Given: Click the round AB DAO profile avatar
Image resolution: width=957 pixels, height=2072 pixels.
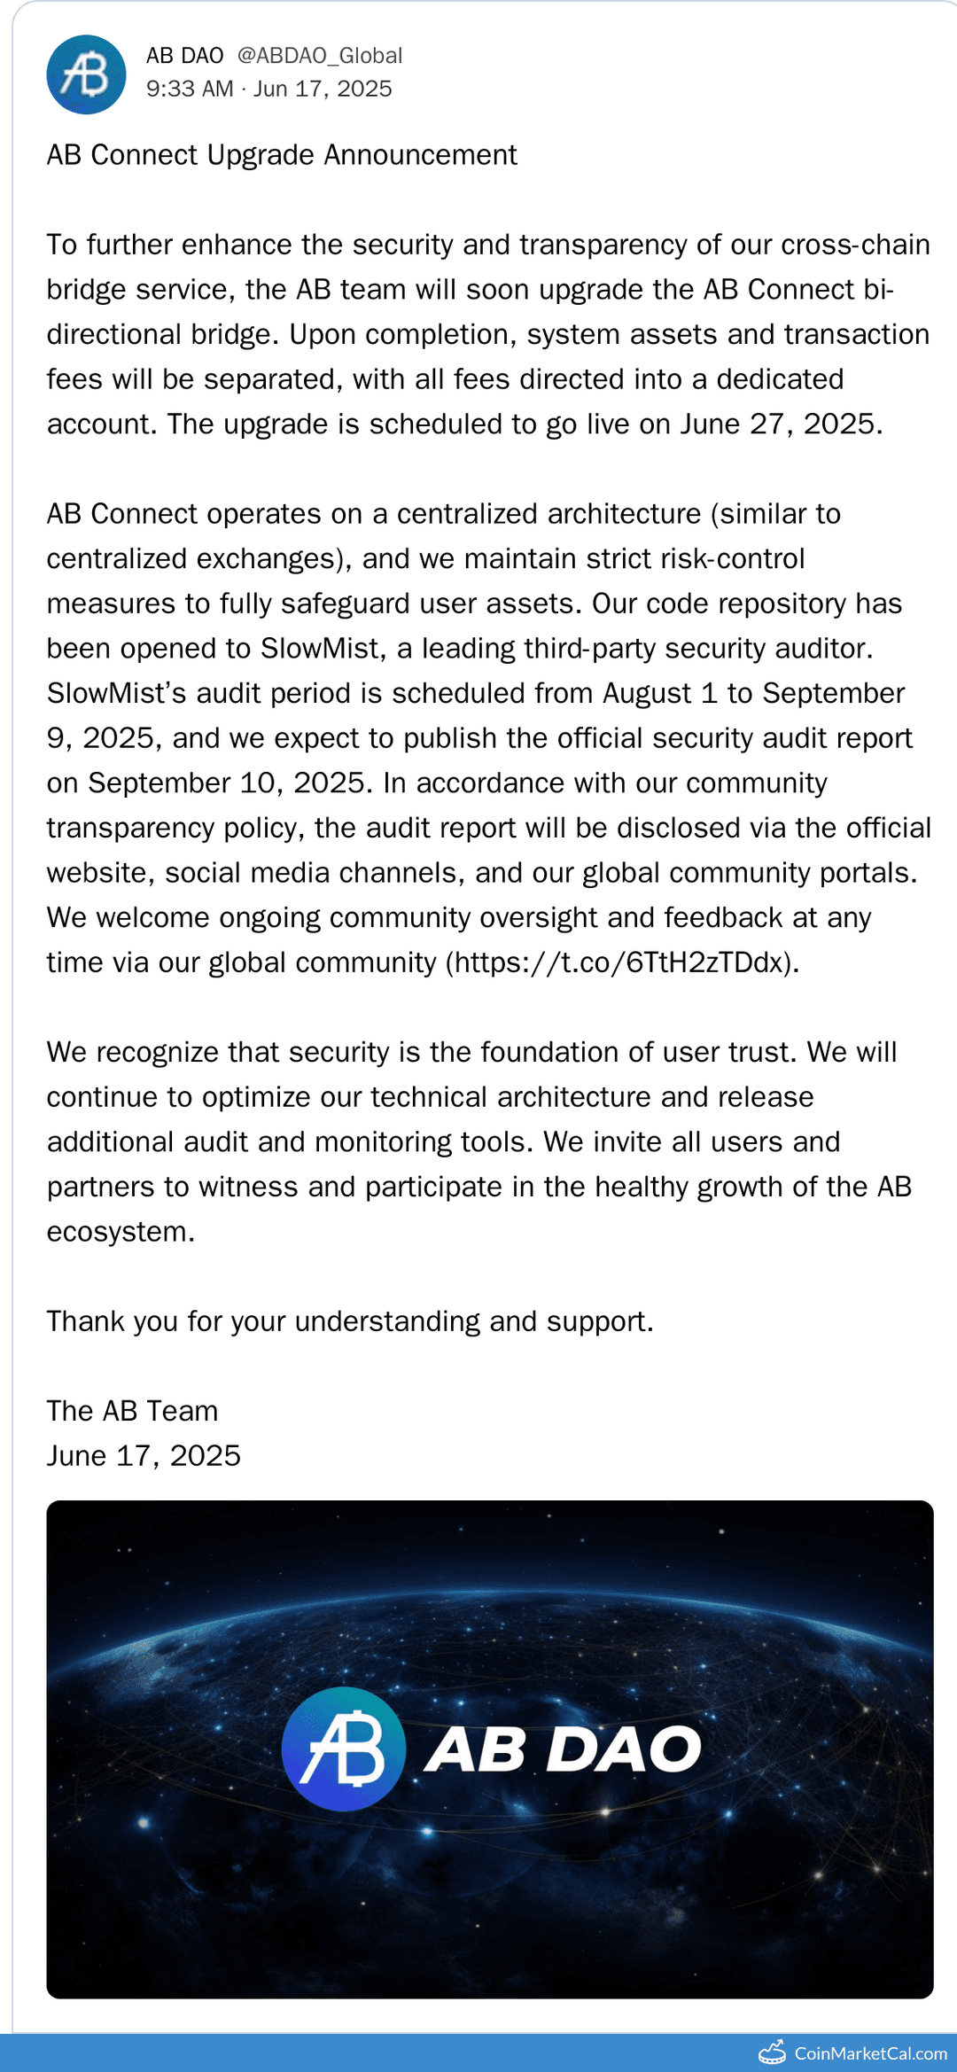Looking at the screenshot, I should coord(86,74).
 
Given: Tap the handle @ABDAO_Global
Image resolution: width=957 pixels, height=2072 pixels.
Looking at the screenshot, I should coord(319,56).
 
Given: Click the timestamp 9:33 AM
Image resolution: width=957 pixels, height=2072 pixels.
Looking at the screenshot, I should coord(190,89).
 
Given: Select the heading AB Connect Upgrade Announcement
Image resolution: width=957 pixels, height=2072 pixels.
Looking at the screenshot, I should coord(282,155).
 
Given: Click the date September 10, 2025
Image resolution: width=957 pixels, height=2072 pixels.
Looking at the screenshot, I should coord(227,783).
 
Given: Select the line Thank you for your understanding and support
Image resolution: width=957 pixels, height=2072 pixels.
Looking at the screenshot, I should coord(350,1321).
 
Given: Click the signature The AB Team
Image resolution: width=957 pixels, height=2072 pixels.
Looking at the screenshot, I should coord(132,1411).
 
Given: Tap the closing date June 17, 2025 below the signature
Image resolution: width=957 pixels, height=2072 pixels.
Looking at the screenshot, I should coord(144,1456).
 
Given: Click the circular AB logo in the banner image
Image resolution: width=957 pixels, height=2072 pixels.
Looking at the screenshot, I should coord(344,1749).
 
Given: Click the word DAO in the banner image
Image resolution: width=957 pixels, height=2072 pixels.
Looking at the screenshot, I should coord(623,1749).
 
